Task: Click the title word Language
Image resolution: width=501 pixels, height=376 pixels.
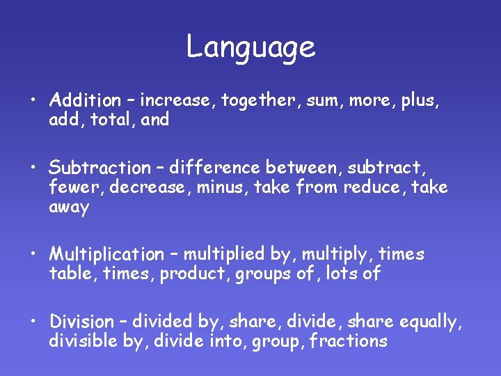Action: click(x=250, y=48)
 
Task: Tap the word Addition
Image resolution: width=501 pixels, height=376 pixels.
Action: click(x=84, y=100)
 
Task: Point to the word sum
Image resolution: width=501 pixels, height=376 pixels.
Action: click(x=321, y=101)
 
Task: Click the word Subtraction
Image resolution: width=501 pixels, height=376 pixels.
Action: click(x=99, y=168)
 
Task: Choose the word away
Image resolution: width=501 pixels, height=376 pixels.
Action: click(x=69, y=208)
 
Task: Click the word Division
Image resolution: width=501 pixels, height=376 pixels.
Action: click(x=81, y=322)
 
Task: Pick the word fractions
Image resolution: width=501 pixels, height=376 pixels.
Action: click(x=348, y=341)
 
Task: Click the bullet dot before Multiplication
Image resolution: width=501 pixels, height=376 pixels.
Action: click(x=33, y=255)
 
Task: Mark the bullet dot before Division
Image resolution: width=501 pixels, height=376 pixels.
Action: click(x=33, y=322)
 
